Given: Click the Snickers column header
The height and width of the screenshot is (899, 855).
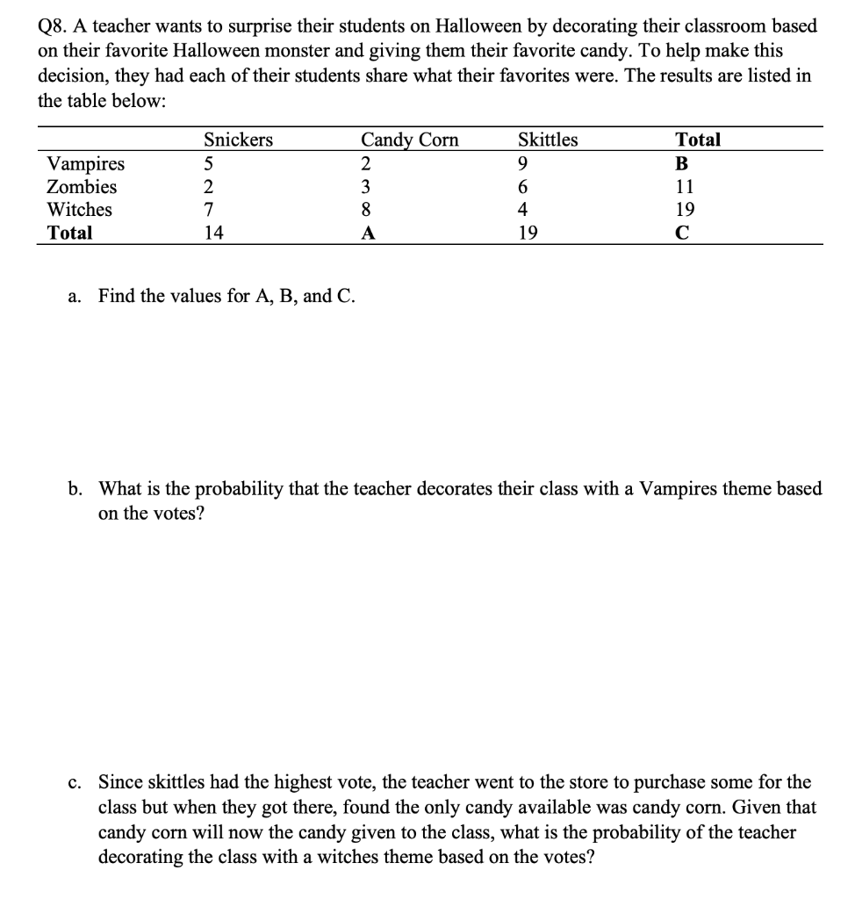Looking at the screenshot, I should (238, 140).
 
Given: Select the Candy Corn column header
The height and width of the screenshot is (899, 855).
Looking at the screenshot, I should (409, 140).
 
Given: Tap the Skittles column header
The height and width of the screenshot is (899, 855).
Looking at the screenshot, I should (548, 140).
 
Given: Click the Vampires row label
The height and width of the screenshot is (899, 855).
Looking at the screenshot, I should (85, 163).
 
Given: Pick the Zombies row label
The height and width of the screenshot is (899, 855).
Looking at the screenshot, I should (82, 186).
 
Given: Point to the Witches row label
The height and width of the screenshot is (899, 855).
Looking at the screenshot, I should (79, 210).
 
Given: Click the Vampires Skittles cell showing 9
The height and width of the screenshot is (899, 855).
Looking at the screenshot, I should (523, 163).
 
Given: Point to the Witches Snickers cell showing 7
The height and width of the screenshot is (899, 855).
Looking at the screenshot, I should (208, 210).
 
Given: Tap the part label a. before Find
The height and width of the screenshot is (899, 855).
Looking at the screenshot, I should (74, 296).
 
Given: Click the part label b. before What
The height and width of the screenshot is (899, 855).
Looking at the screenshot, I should (75, 489).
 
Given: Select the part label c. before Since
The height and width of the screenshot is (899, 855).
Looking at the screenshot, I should (74, 782).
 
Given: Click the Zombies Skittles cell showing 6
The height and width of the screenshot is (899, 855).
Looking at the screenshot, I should (523, 186).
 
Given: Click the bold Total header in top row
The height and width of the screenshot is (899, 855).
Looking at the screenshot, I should (697, 140).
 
